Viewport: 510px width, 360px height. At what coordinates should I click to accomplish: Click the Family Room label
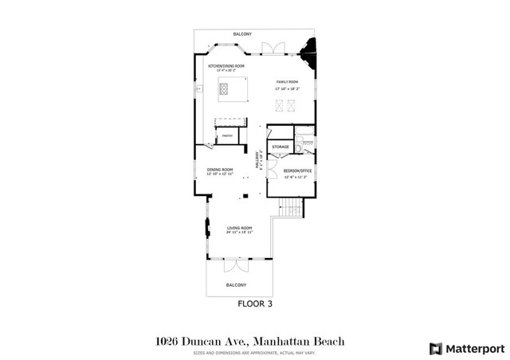point(286,82)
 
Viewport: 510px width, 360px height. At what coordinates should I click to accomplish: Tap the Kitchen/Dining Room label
point(226,65)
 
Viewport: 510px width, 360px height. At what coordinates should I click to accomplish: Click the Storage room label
point(280,147)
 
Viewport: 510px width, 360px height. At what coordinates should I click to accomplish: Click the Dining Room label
point(220,170)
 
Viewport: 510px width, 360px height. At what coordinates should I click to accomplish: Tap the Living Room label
point(240,228)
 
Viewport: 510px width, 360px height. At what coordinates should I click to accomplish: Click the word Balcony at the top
point(242,34)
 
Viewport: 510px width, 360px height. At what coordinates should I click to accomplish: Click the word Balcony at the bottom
point(236,284)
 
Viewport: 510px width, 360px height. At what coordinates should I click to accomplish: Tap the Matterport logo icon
point(434,348)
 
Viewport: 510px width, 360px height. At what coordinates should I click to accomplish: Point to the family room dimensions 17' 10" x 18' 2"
point(286,88)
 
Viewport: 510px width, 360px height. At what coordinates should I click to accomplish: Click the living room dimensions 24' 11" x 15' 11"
point(240,233)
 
